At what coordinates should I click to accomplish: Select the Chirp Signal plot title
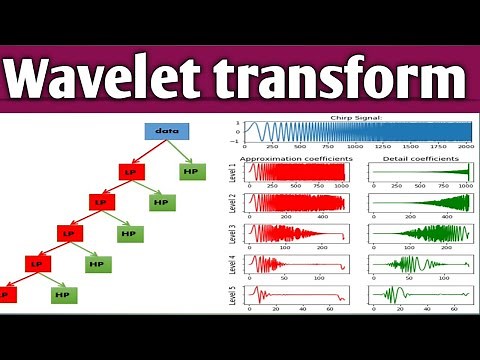(x=357, y=118)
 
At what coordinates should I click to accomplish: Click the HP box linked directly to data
(x=193, y=171)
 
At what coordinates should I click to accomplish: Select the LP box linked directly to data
(x=131, y=171)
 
